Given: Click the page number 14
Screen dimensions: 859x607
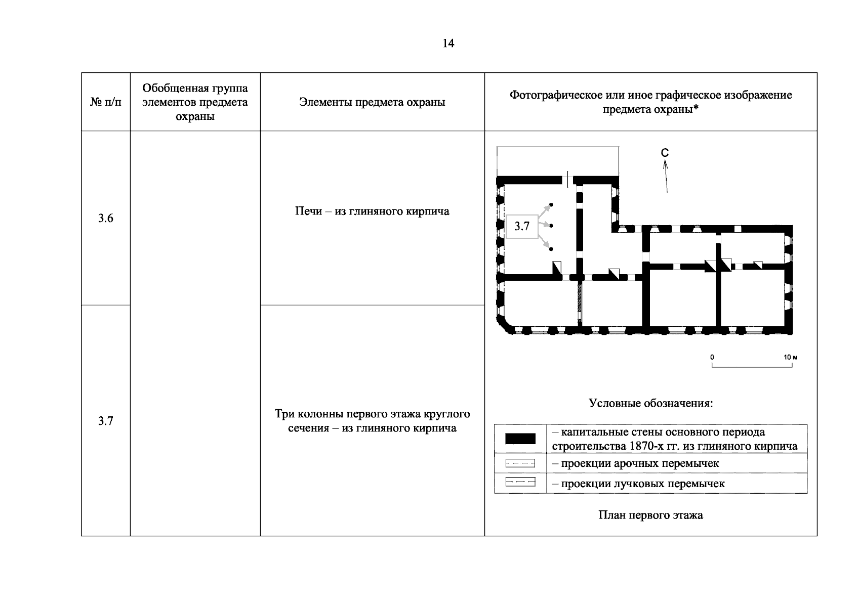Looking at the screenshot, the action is [x=448, y=44].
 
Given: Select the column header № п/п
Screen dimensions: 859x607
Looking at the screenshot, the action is [x=106, y=102].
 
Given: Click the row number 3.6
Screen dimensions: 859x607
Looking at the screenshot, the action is [x=105, y=219].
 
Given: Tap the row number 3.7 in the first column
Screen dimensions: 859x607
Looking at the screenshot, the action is [x=105, y=421].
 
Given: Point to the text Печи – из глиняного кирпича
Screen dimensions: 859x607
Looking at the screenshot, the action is [x=372, y=211].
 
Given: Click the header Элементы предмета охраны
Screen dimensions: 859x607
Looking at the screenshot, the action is [x=372, y=102].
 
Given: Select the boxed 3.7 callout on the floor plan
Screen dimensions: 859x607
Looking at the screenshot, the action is [x=521, y=226].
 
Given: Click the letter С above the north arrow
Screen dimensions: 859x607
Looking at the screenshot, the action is [x=665, y=153].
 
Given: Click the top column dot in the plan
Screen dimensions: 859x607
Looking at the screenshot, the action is [x=551, y=205].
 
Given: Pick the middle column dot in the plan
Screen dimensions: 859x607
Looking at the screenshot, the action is [x=551, y=226].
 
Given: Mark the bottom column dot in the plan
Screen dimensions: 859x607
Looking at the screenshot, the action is [x=551, y=249].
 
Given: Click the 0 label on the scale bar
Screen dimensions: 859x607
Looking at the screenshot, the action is [x=712, y=357].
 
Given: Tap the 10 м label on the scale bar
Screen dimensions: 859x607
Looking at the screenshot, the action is [x=790, y=357].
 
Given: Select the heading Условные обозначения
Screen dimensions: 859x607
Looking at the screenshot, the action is [x=650, y=403].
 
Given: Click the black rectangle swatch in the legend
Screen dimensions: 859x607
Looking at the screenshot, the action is [x=520, y=439].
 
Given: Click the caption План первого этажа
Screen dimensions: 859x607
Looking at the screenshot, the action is [x=650, y=515].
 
